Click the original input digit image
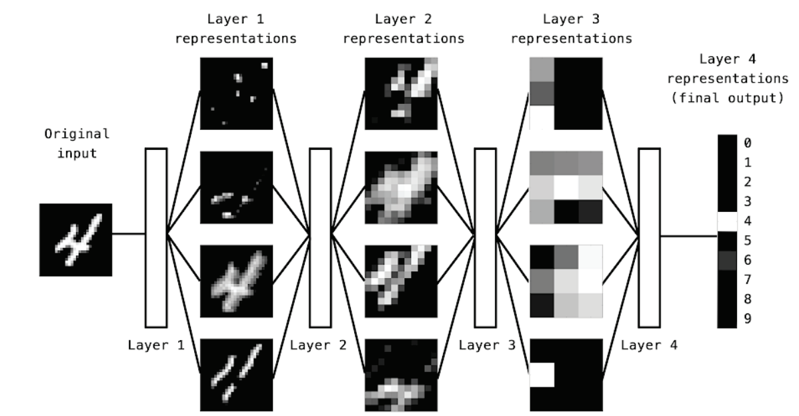[x=75, y=240]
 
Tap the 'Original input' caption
[x=77, y=143]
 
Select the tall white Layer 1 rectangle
[x=156, y=238]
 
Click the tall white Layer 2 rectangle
[x=321, y=238]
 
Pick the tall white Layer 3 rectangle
[x=485, y=238]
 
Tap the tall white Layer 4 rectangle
[x=649, y=238]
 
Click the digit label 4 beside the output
[x=747, y=221]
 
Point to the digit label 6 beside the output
[x=747, y=260]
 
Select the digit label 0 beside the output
[x=747, y=143]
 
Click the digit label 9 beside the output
[x=747, y=319]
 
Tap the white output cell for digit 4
[x=727, y=221]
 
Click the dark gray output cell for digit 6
[x=727, y=260]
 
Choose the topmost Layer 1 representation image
[x=237, y=93]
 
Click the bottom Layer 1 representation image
[x=237, y=375]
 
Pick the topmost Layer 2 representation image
[x=401, y=93]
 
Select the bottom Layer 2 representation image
[x=401, y=375]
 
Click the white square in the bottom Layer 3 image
[x=542, y=375]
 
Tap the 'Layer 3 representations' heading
[x=571, y=29]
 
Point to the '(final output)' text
[x=727, y=98]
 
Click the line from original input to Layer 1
[x=129, y=234]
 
